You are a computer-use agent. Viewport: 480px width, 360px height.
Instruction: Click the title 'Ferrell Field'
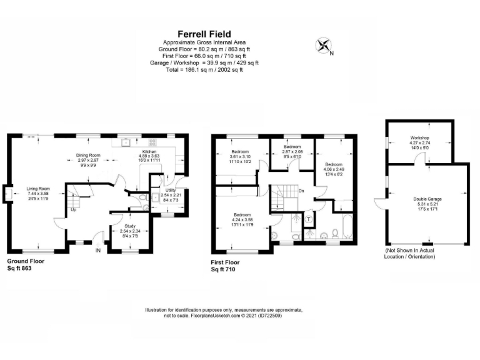(204, 34)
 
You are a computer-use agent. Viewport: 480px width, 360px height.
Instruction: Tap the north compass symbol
(324, 45)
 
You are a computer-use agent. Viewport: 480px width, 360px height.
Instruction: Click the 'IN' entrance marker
(97, 250)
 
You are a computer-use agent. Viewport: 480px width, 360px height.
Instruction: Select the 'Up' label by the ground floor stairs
(72, 209)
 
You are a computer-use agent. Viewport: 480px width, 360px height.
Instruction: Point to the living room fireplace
(6, 193)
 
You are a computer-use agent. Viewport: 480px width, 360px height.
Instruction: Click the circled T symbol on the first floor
(309, 219)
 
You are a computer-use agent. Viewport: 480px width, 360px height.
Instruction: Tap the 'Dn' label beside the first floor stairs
(301, 191)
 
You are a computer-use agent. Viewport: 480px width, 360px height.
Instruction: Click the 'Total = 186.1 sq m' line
(204, 69)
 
